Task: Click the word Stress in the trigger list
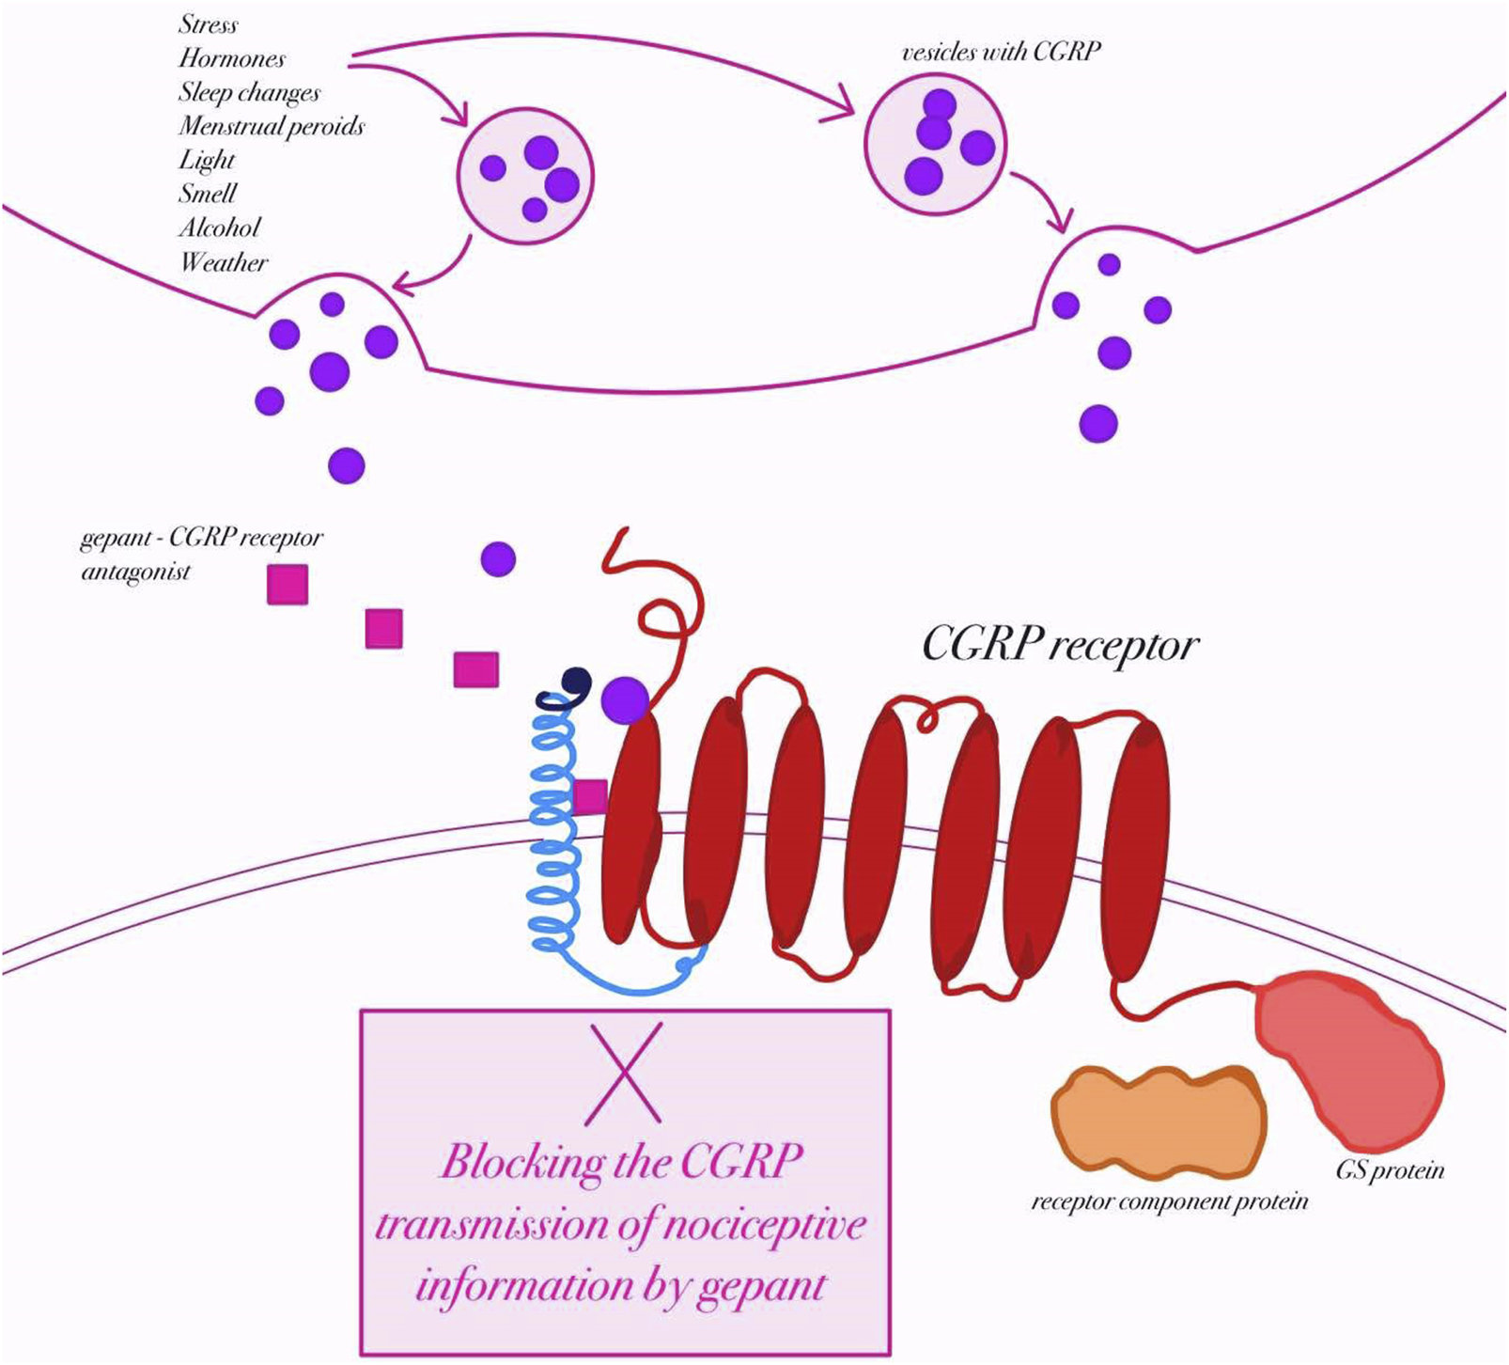[208, 24]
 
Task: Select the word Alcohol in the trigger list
[219, 227]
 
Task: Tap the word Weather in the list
[224, 262]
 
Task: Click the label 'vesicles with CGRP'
[1001, 52]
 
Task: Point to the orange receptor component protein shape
[1159, 1122]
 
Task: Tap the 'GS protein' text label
[1389, 1170]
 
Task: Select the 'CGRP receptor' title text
[1060, 645]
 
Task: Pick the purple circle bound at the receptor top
[625, 699]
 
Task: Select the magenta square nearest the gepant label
[288, 584]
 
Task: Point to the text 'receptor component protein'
[1169, 1202]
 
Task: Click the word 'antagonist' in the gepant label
[135, 572]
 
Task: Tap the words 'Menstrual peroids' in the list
[272, 126]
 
